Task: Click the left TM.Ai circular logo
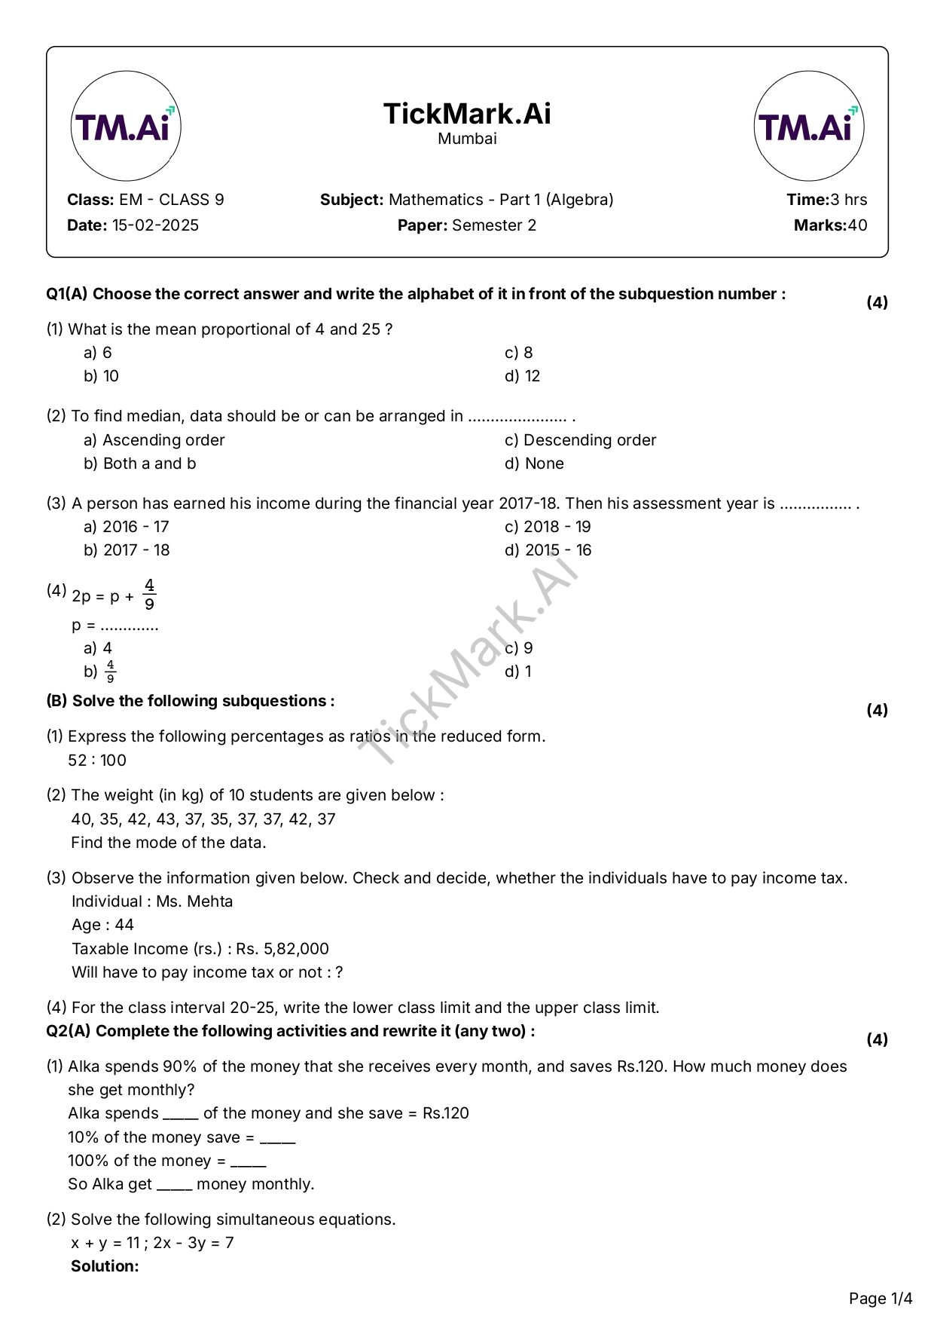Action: pyautogui.click(x=126, y=127)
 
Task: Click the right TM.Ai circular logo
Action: pyautogui.click(x=808, y=127)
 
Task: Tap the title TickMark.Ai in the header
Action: pyautogui.click(x=467, y=114)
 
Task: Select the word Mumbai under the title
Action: pyautogui.click(x=467, y=139)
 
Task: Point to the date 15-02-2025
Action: pyautogui.click(x=155, y=225)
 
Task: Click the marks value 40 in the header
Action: pyautogui.click(x=857, y=225)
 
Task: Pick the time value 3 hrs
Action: pyautogui.click(x=848, y=200)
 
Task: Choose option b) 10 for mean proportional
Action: pyautogui.click(x=102, y=376)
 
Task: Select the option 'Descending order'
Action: pyautogui.click(x=589, y=440)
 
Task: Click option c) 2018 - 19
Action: pyautogui.click(x=548, y=527)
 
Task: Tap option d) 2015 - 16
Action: pyautogui.click(x=548, y=550)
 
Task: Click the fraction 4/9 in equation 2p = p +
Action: pyautogui.click(x=150, y=595)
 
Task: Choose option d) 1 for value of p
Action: pyautogui.click(x=518, y=672)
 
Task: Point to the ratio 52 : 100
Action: pyautogui.click(x=97, y=760)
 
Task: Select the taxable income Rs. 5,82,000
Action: pyautogui.click(x=282, y=949)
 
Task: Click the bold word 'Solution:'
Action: pyautogui.click(x=105, y=1266)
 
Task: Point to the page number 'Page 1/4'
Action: pyautogui.click(x=880, y=1299)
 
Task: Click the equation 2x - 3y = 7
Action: pyautogui.click(x=194, y=1243)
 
